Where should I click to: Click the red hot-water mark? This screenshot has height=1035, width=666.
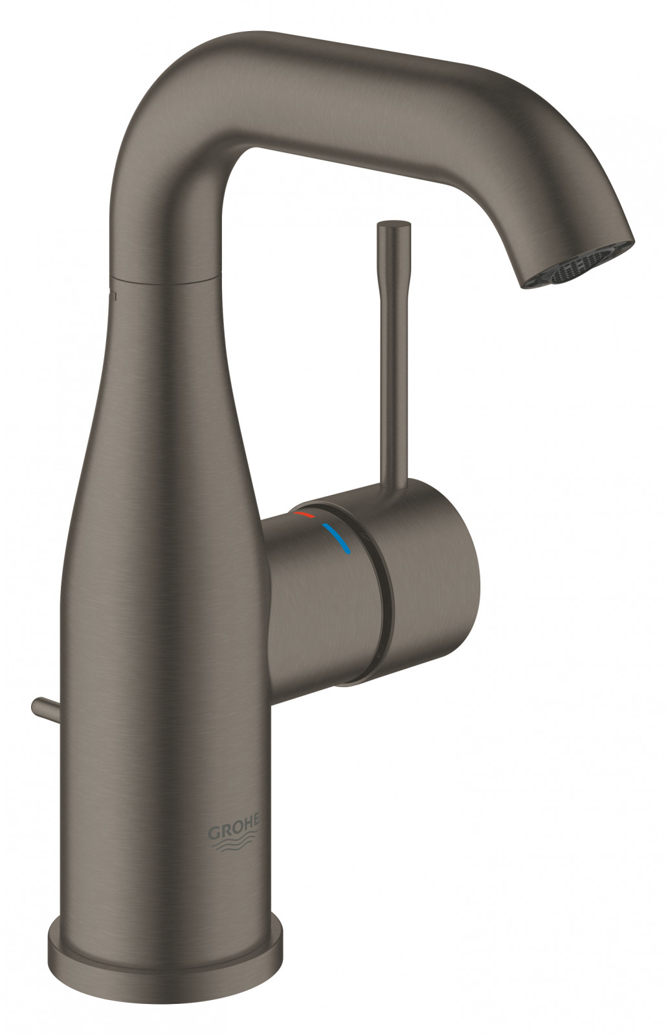coord(304,497)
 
